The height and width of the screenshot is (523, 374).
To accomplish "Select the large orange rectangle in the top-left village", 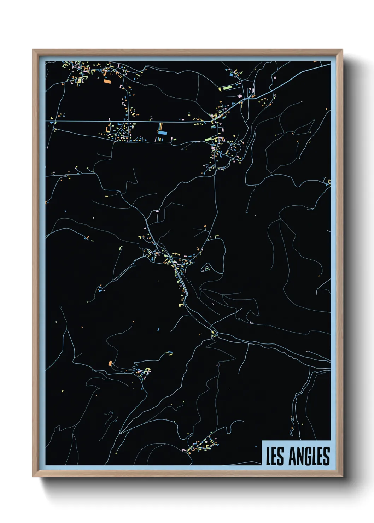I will click(107, 81).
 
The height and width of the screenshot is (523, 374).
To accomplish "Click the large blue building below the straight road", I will click(162, 133).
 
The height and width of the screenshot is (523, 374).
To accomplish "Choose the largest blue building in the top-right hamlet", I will click(232, 75).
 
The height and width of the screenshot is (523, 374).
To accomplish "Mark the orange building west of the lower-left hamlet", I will click(110, 363).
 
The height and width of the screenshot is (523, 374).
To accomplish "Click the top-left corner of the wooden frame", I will click(33, 50).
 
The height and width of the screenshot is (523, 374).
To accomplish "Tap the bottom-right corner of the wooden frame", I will click(342, 476).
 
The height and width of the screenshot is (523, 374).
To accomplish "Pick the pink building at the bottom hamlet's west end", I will click(183, 450).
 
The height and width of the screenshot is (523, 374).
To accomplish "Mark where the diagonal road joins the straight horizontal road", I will click(214, 122).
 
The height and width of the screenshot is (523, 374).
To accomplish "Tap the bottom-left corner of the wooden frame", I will click(33, 476).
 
